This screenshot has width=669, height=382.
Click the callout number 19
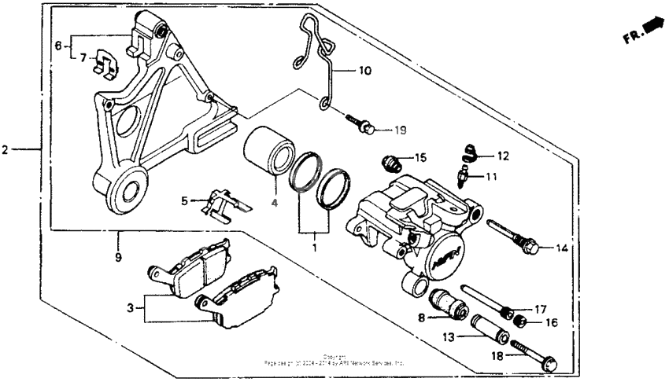click(x=400, y=130)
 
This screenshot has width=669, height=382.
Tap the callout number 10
click(x=364, y=71)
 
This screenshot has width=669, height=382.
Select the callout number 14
click(x=560, y=249)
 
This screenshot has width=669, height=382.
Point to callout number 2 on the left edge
click(x=6, y=148)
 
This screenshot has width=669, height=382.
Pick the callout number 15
click(x=421, y=158)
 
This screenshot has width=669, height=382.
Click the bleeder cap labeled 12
click(x=470, y=150)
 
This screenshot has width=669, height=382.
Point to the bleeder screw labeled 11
click(x=464, y=171)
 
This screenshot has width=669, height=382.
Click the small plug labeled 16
click(x=519, y=321)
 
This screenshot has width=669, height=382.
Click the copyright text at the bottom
click(x=334, y=361)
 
